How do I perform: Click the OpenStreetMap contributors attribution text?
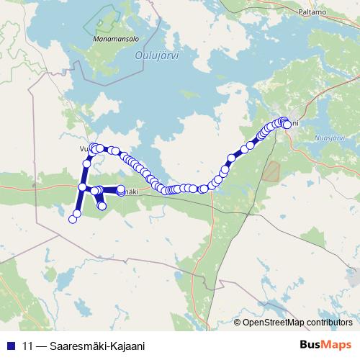pos(297,322)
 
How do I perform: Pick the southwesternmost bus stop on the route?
pos(72,218)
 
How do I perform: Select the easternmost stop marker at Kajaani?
pos(288,125)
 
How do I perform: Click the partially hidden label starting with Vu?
pos(83,149)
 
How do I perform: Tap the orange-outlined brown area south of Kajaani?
pos(272,171)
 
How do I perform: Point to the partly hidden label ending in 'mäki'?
pos(128,192)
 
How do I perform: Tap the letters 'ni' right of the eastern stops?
pos(294,123)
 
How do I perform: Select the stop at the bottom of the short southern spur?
pos(102,206)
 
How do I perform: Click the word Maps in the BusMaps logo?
pos(336,345)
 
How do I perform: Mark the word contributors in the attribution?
pos(329,322)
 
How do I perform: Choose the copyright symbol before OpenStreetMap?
pos(238,322)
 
